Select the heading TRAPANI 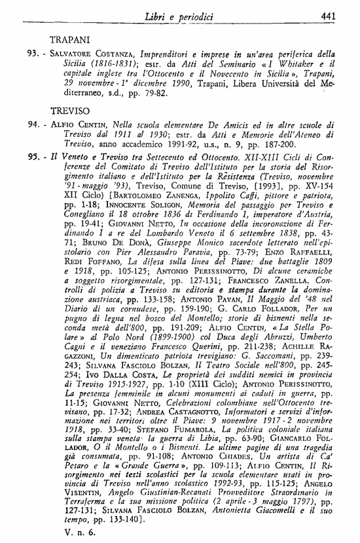(70, 39)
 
